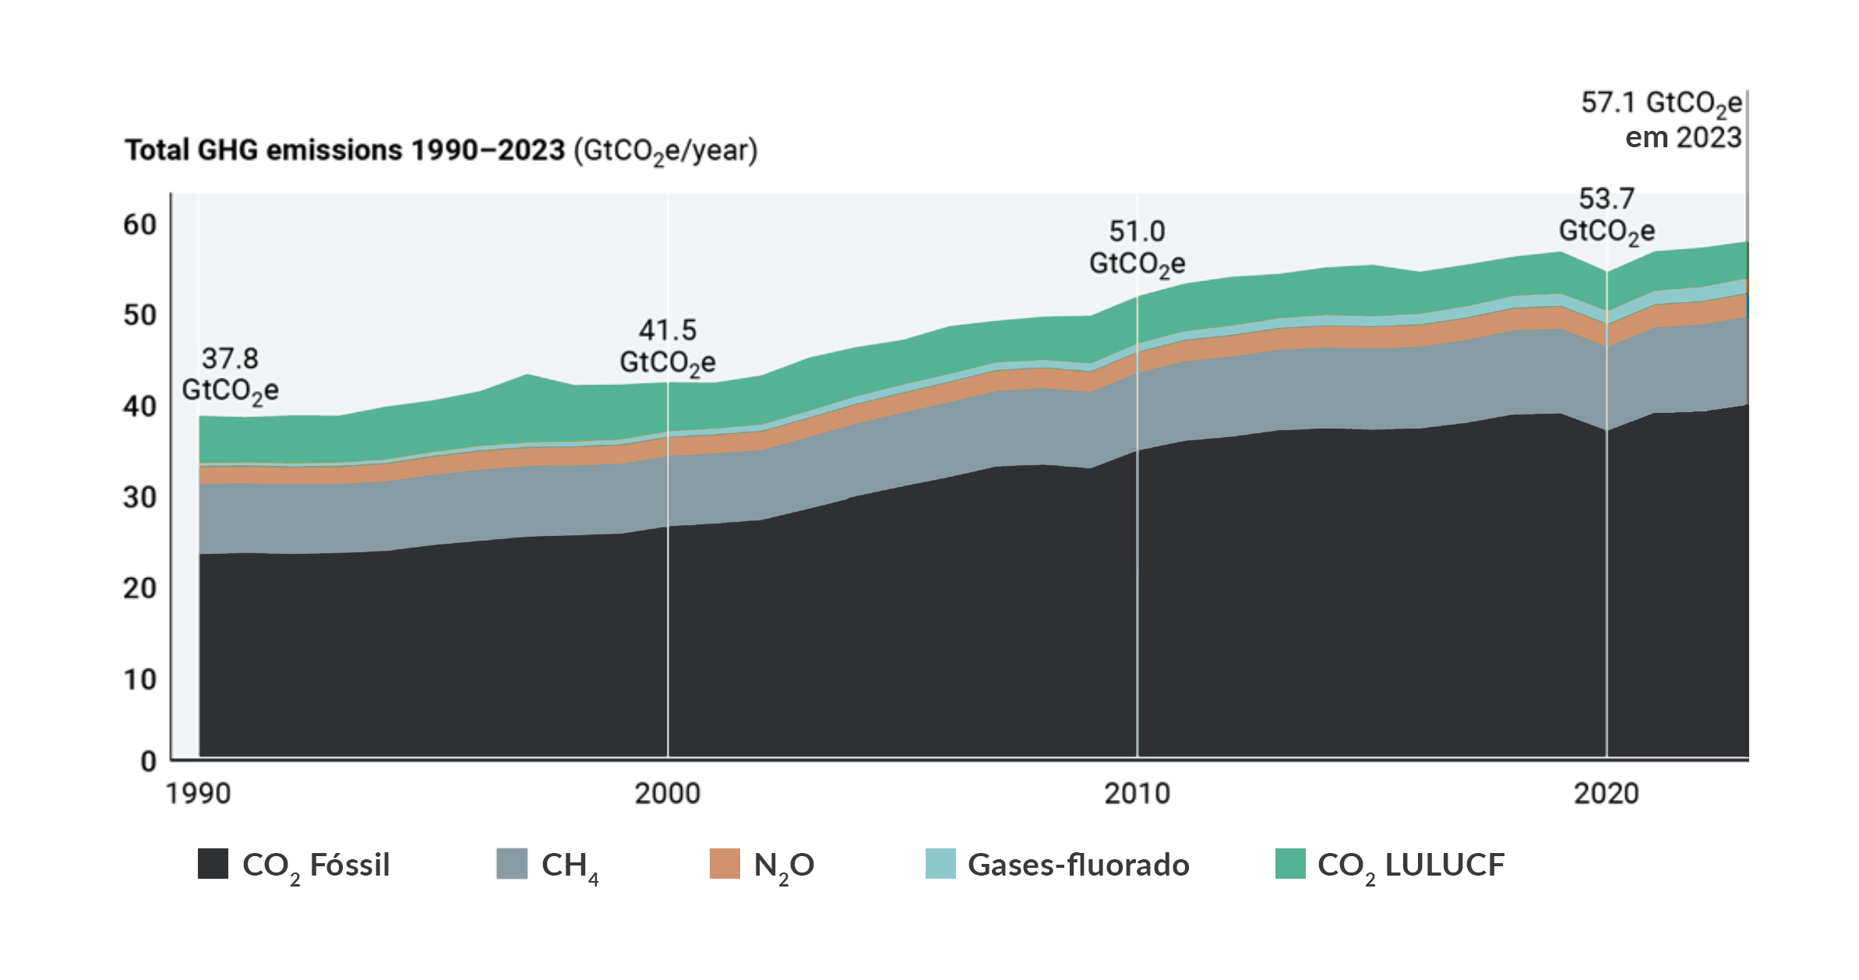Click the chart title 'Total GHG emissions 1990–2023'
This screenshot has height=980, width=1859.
click(344, 150)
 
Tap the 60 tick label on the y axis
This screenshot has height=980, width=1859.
click(140, 225)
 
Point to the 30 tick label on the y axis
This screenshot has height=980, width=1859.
click(140, 498)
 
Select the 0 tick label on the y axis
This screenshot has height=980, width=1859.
click(148, 761)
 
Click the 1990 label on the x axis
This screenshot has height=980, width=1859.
click(198, 794)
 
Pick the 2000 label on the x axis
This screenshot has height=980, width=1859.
click(667, 794)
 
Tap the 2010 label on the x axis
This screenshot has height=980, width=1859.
click(1137, 794)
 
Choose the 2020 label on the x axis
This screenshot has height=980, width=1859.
click(1606, 794)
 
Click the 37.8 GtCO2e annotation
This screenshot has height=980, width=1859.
click(230, 375)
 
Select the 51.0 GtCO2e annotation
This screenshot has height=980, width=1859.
click(1137, 248)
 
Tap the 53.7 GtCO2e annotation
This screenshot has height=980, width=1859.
click(1607, 215)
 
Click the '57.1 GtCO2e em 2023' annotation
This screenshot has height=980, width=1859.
click(1662, 120)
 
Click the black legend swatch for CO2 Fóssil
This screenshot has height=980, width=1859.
click(213, 864)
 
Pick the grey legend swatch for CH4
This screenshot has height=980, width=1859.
click(512, 864)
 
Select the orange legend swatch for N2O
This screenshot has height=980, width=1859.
click(725, 864)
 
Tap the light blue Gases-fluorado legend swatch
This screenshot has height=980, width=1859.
click(940, 864)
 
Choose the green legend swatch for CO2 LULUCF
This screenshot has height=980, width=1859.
click(1290, 864)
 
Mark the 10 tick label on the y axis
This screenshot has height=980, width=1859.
click(140, 680)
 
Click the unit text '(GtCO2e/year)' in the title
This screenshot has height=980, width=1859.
click(665, 150)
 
